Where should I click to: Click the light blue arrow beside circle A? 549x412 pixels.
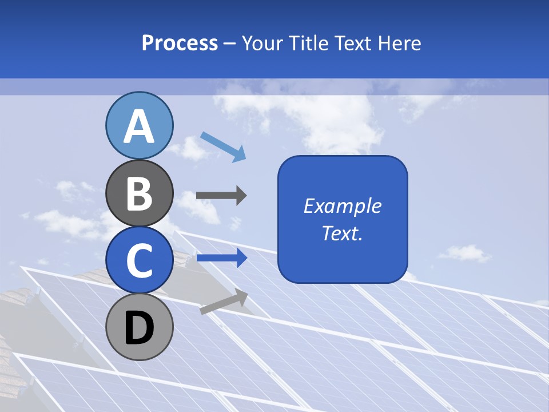[223, 145]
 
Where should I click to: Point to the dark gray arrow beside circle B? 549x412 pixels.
[221, 196]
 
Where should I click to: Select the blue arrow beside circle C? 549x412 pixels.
[221, 257]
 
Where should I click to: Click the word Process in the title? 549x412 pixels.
[180, 43]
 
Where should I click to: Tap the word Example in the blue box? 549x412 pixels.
[342, 206]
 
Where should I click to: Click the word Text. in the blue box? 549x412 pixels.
[342, 233]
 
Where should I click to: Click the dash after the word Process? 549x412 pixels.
[229, 44]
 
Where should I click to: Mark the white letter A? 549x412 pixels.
[139, 126]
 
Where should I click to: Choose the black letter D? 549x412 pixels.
[139, 328]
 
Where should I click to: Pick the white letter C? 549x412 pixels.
[139, 260]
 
